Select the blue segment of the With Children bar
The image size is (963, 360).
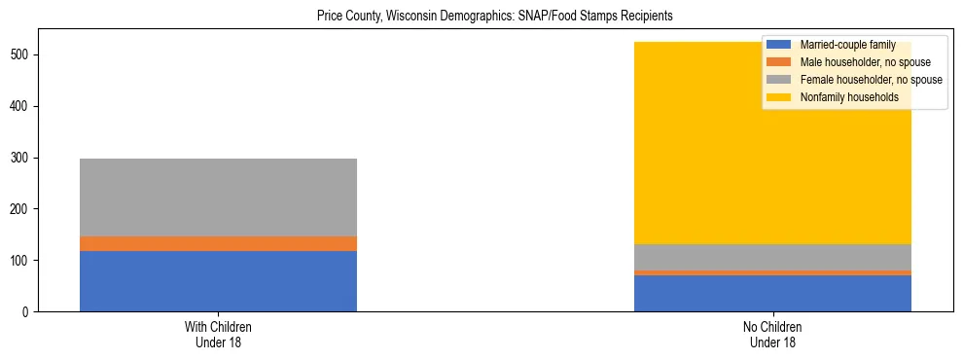(x=218, y=281)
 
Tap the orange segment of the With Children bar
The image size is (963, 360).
(x=218, y=243)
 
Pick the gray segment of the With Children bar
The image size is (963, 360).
(x=218, y=198)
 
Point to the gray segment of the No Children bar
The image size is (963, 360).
(x=772, y=257)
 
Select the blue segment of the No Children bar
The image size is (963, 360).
(x=772, y=293)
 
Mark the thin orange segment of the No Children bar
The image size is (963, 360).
(x=772, y=272)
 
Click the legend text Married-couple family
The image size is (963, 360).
(x=847, y=45)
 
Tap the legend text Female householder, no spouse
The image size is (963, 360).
(x=871, y=80)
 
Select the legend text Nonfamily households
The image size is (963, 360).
(x=849, y=97)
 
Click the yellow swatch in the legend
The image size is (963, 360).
(x=779, y=97)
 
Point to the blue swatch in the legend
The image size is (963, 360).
(x=779, y=45)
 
